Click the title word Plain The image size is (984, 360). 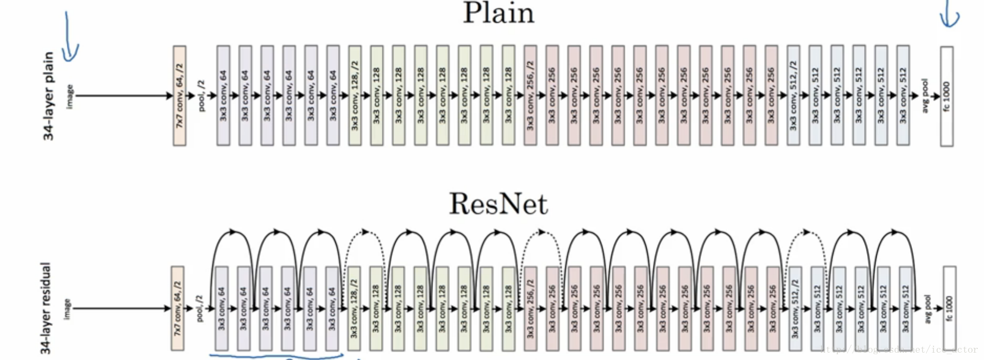coord(498,13)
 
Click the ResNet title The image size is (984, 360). coord(498,204)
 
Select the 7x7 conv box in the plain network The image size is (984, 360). coord(179,96)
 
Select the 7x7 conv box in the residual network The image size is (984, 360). coord(177,308)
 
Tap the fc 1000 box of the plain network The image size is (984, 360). coord(947,96)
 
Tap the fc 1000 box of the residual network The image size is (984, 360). coord(949,308)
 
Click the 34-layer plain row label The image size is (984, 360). coord(48,96)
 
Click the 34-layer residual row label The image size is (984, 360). coord(46,308)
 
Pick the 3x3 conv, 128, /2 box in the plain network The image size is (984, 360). coord(355,96)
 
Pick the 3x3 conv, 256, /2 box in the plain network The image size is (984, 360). coord(530,96)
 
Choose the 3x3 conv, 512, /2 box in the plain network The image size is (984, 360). coord(794,96)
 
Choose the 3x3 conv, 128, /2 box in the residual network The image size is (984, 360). coord(354,308)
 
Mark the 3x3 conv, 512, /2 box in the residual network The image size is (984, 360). coord(795,308)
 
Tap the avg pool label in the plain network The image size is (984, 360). coord(925,96)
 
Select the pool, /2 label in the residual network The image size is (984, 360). coord(199,308)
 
